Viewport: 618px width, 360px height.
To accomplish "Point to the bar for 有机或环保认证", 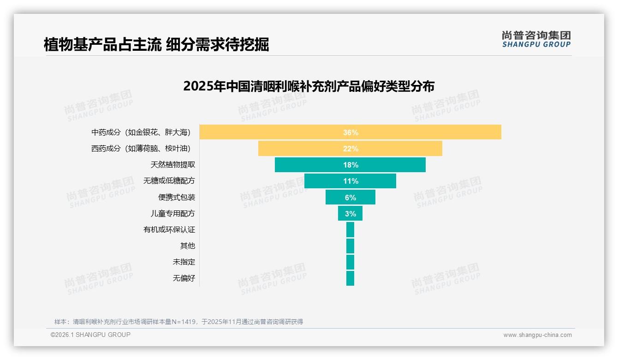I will tap(350, 230).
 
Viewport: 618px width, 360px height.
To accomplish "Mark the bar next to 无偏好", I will tap(350, 278).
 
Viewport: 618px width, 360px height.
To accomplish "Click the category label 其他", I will tap(187, 246).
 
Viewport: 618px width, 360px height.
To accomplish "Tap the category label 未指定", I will tap(184, 262).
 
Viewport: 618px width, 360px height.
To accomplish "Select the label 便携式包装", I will tap(176, 198).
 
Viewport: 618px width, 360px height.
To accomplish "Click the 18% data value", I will tap(351, 165).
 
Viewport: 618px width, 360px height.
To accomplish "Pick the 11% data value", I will tap(351, 181).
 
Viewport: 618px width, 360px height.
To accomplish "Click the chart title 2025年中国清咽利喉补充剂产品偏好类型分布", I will tap(309, 86).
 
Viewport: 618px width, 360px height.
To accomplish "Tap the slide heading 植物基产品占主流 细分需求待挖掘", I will tap(156, 45).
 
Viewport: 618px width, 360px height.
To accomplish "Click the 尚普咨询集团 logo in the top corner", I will tap(536, 39).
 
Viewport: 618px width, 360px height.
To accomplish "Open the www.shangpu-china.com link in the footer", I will tap(537, 335).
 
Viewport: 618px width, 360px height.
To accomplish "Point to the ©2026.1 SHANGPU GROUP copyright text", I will tap(90, 335).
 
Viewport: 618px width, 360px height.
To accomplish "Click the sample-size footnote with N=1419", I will tap(178, 322).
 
